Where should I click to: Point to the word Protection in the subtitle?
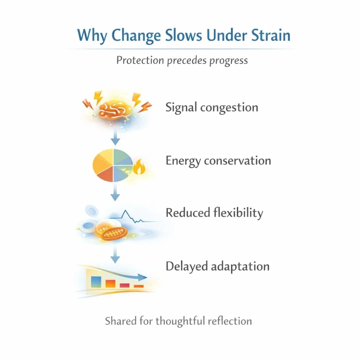(x=140, y=60)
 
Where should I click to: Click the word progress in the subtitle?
(x=229, y=61)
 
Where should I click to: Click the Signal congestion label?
(x=212, y=108)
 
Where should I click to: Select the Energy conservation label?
(x=218, y=161)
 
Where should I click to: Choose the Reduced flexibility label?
(x=214, y=213)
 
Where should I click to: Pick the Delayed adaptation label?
(x=217, y=266)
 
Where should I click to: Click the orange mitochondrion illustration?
(x=114, y=233)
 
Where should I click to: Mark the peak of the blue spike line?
(x=126, y=211)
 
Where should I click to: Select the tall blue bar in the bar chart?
(x=96, y=282)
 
